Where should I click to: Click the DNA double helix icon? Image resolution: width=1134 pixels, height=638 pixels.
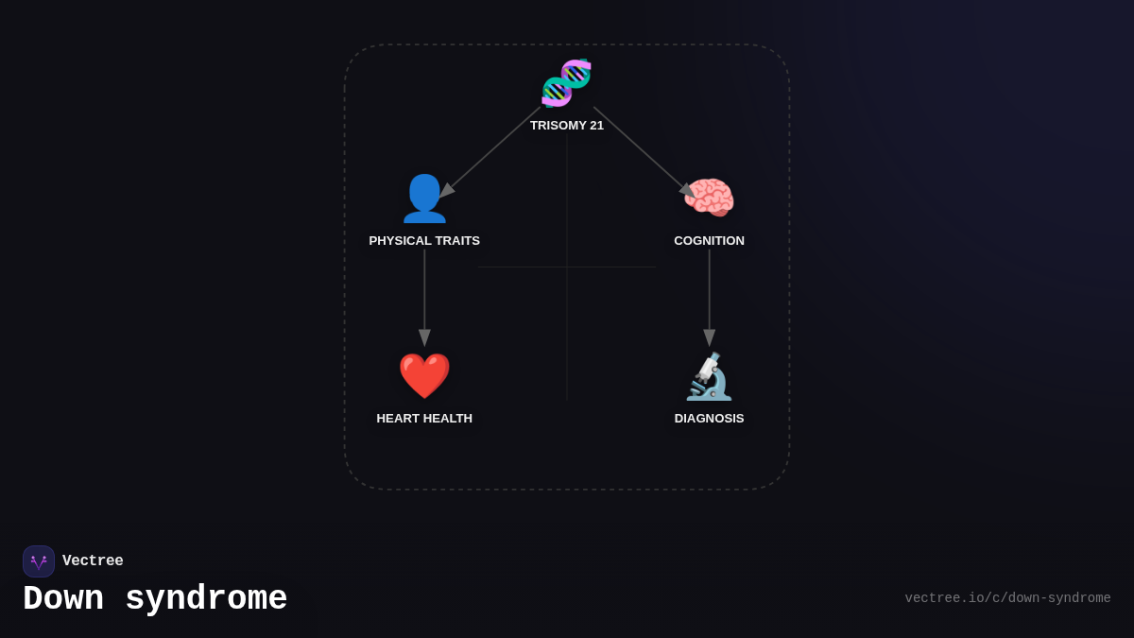566,83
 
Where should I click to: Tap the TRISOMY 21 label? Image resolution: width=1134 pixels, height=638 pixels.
566,126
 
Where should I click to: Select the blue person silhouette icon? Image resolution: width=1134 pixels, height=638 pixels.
424,198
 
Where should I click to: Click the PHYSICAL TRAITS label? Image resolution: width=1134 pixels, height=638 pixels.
424,241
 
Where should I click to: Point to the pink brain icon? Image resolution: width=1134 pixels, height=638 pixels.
709,198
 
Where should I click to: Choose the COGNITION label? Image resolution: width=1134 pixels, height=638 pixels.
709,241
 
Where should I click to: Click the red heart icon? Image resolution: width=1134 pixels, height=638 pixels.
424,376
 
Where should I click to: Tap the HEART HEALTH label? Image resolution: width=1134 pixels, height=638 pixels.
424,419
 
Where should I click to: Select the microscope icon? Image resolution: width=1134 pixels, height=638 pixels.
709,376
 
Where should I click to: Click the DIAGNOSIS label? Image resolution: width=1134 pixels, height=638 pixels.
709,419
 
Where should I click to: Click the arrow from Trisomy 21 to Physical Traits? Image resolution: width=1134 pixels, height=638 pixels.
491,151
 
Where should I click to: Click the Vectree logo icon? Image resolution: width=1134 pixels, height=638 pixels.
39,561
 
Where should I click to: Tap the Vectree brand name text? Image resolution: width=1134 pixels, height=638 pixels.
93,561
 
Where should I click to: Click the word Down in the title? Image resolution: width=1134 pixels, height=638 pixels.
63,599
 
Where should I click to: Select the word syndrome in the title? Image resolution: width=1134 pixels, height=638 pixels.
206,599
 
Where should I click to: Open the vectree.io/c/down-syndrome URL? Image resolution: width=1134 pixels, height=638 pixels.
1007,598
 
